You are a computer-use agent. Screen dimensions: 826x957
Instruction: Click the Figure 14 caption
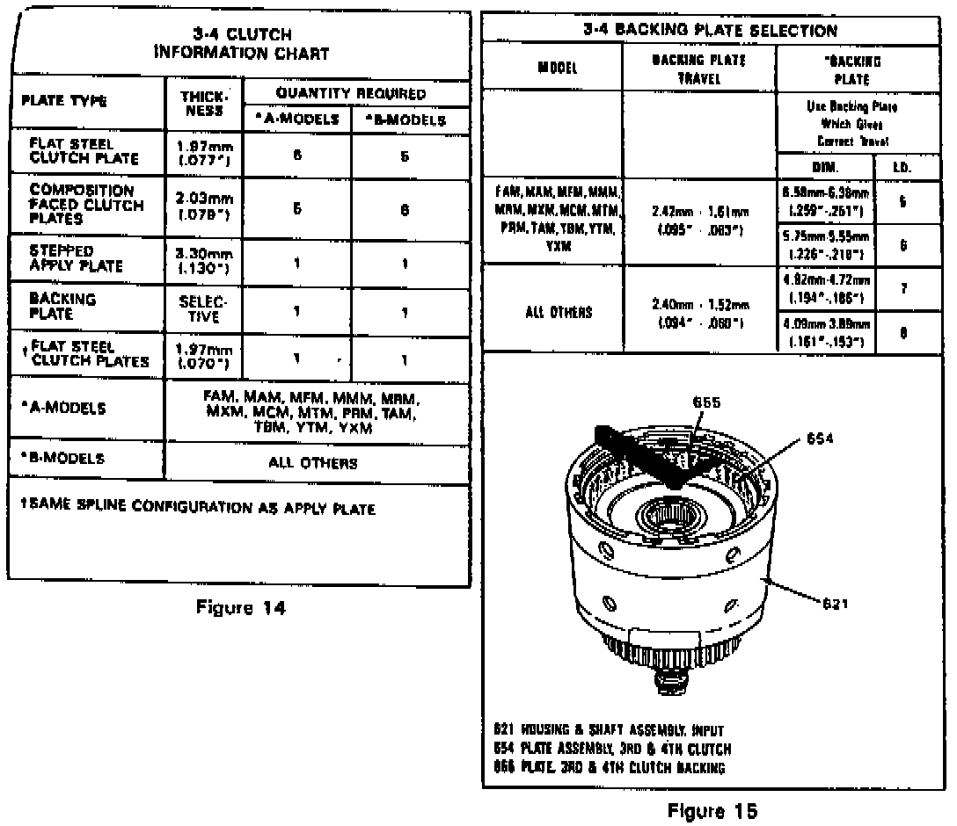pyautogui.click(x=241, y=607)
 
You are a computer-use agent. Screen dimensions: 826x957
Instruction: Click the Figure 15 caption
pyautogui.click(x=712, y=809)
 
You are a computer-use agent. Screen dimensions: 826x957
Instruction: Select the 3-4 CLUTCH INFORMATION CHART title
pyautogui.click(x=241, y=44)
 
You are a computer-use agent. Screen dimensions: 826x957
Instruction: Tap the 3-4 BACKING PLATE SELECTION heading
pyautogui.click(x=710, y=31)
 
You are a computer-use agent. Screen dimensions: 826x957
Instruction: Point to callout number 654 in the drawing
pyautogui.click(x=819, y=438)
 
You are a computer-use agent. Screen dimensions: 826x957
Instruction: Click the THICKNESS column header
pyautogui.click(x=204, y=105)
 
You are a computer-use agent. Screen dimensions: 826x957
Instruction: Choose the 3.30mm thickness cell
pyautogui.click(x=204, y=257)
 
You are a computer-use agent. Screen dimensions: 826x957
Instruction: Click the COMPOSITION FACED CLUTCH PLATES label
pyautogui.click(x=86, y=204)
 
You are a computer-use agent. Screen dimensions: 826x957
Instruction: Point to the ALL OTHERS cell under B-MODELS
pyautogui.click(x=312, y=463)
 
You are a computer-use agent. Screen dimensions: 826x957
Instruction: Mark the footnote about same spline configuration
pyautogui.click(x=198, y=509)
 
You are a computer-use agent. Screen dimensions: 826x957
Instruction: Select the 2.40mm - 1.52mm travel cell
pyautogui.click(x=700, y=311)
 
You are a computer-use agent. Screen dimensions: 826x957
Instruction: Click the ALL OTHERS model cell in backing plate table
pyautogui.click(x=559, y=311)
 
